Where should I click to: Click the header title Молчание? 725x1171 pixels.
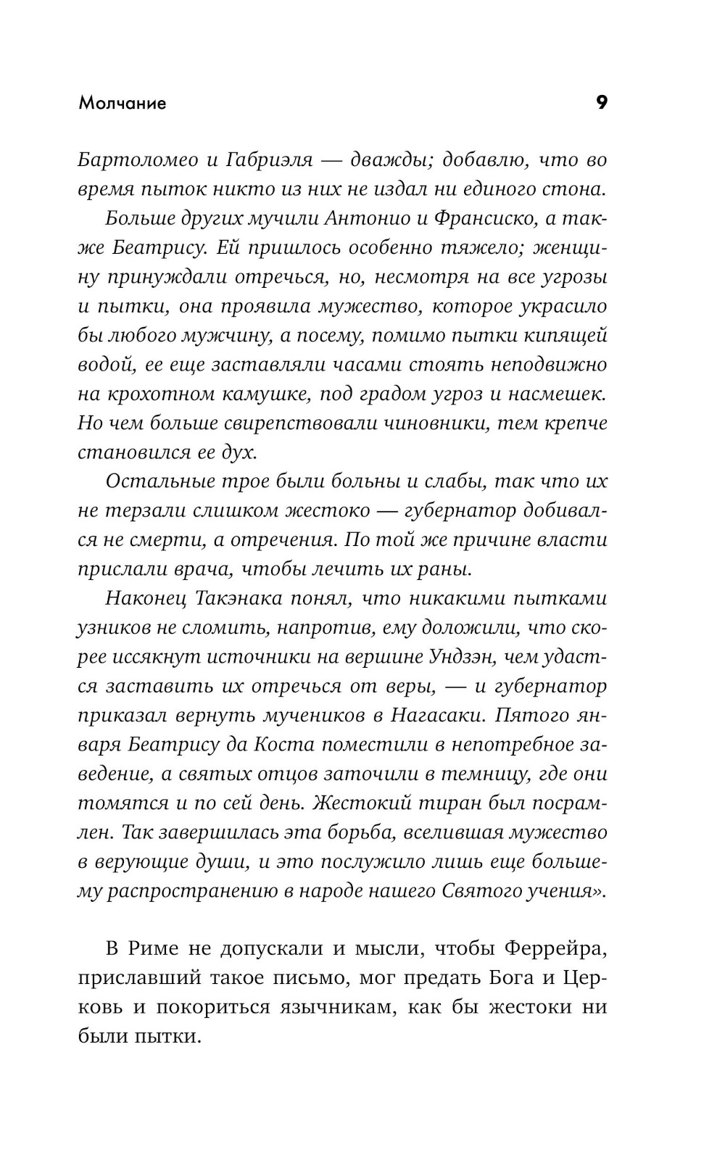point(123,103)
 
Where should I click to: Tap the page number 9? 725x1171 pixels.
point(601,103)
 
